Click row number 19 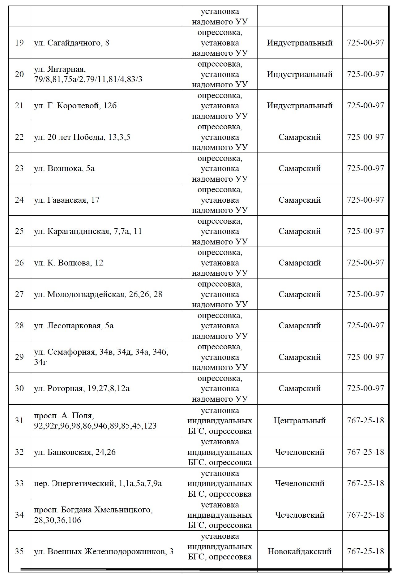tap(19, 43)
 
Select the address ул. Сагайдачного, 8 tap(71, 43)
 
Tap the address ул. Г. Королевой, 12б tap(75, 106)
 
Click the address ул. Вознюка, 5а tap(64, 169)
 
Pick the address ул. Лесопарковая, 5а tap(74, 326)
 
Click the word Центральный tap(300, 421)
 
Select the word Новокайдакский tap(300, 551)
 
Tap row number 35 tap(19, 551)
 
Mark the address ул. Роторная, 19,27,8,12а tap(82, 389)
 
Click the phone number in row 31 tap(365, 421)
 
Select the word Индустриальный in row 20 tap(300, 75)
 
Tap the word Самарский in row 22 tap(300, 137)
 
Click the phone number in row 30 tap(365, 388)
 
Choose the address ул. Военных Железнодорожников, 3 tap(104, 551)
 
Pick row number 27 tap(19, 294)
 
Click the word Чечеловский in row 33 tap(300, 483)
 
